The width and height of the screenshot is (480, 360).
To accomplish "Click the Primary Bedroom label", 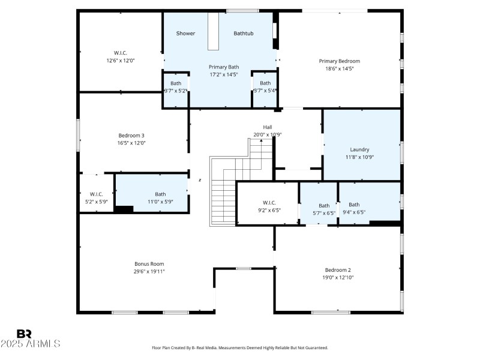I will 339,61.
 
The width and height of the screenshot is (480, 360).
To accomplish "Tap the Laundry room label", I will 359,149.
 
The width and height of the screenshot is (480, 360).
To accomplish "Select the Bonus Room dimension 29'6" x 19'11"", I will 149,272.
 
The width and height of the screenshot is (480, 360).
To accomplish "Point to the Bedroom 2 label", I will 337,270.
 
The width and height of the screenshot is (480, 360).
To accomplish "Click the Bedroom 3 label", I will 131,135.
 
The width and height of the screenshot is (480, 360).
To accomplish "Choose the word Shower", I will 185,34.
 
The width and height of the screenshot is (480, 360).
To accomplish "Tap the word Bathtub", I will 243,34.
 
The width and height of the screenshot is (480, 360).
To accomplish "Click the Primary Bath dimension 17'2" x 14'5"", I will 223,75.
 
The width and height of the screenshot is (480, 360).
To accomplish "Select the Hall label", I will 267,127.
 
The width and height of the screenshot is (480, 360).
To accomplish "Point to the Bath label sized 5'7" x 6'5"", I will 324,206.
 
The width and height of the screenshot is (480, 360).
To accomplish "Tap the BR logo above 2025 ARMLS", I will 24,334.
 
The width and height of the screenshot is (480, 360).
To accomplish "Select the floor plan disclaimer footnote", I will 240,347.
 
